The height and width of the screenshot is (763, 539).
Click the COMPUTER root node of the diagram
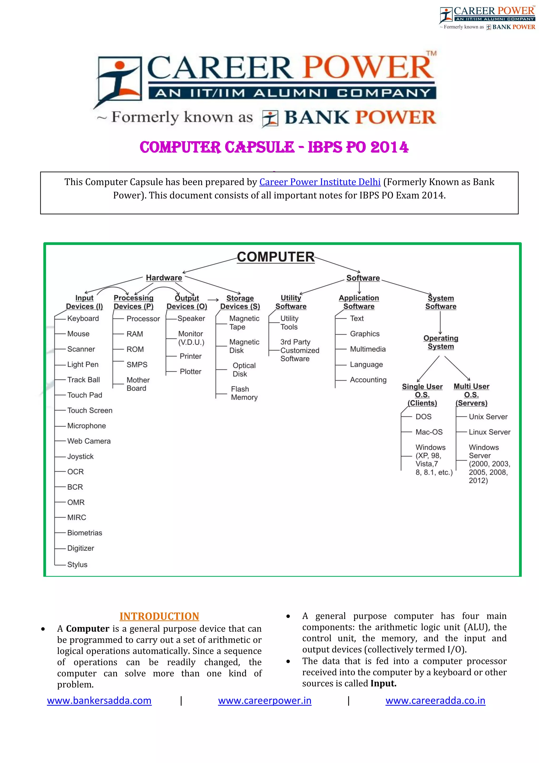coord(276,257)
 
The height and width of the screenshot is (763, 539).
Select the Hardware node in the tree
coord(164,278)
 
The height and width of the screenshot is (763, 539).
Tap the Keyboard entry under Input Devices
coord(83,318)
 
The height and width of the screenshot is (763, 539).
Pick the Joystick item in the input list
coord(80,456)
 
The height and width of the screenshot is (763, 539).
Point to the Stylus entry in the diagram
coord(77,565)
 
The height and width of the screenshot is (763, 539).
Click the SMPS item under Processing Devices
coord(137,365)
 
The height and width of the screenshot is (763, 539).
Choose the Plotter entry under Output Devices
coord(191,371)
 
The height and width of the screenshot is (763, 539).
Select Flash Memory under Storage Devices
coord(244,393)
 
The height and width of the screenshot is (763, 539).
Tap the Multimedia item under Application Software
coord(368,349)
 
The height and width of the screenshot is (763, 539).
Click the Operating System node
coord(441,342)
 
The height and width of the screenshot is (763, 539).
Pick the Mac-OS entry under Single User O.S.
coord(429,432)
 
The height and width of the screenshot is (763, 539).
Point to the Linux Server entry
coord(490,432)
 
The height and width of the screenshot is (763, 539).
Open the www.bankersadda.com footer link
coord(99,701)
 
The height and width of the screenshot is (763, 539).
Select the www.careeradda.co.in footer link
coord(435,701)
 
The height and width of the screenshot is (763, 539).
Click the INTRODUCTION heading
coord(159,617)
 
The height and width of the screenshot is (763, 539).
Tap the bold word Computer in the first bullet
coord(88,629)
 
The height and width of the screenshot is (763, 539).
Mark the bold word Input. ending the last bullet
coord(383,684)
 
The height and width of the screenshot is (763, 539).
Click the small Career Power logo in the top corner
coord(487,18)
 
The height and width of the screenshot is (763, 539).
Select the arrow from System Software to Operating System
coord(440,322)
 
